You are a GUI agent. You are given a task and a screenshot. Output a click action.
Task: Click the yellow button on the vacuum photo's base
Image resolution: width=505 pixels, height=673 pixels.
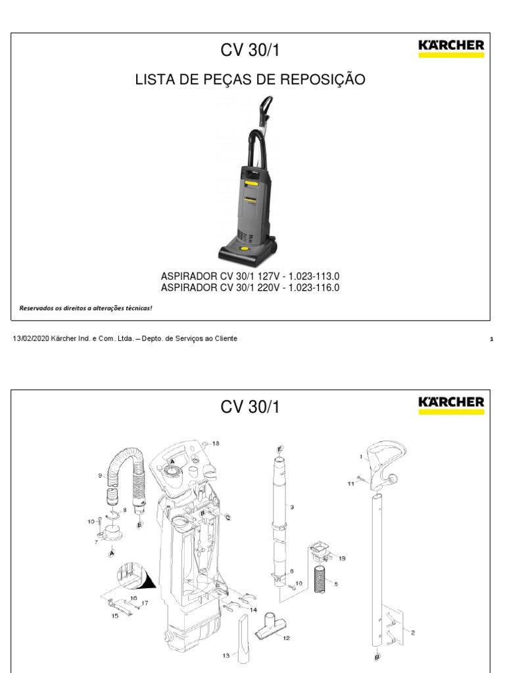point(244,249)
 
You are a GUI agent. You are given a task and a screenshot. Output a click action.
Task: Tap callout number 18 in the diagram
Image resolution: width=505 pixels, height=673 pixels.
point(216,444)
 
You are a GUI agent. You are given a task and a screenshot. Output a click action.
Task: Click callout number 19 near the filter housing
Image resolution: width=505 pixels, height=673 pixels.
point(341,559)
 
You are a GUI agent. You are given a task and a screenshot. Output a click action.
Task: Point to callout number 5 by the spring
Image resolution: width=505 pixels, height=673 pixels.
point(335,583)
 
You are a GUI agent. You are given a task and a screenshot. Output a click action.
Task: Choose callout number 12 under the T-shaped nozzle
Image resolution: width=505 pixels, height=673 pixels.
point(285,638)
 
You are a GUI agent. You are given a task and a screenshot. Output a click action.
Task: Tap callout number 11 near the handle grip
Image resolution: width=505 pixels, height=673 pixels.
point(350,482)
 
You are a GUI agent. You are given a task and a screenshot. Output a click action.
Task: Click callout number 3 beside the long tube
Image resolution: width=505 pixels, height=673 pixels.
point(291,507)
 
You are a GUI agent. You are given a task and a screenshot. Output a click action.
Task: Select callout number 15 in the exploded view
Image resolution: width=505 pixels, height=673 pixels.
point(114,616)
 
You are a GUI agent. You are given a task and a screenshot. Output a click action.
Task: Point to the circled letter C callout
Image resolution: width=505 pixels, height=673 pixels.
point(228,517)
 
